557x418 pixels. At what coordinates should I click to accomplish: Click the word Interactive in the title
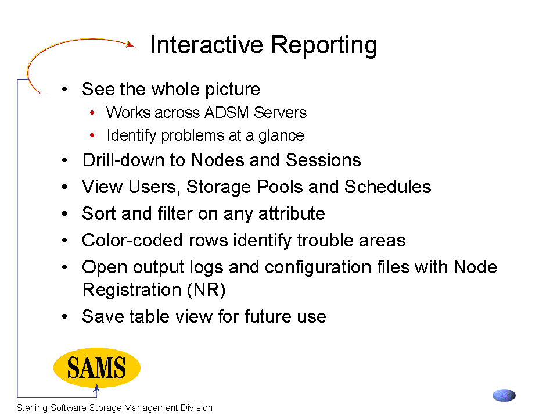pyautogui.click(x=206, y=45)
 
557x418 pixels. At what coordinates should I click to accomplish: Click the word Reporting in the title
pyautogui.click(x=324, y=46)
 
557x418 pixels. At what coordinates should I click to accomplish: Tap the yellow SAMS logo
pyautogui.click(x=96, y=367)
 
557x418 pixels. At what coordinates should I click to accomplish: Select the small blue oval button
pyautogui.click(x=504, y=395)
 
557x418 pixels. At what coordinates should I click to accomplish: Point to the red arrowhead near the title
pyautogui.click(x=131, y=44)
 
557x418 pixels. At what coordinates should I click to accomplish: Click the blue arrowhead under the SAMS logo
pyautogui.click(x=96, y=388)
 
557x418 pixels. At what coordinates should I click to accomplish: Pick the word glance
pyautogui.click(x=281, y=136)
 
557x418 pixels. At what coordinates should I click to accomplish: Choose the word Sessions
pyautogui.click(x=324, y=160)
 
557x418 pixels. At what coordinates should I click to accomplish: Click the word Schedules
pyautogui.click(x=387, y=187)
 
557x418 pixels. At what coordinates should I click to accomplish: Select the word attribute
pyautogui.click(x=292, y=213)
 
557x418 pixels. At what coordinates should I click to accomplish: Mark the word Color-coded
pyautogui.click(x=132, y=240)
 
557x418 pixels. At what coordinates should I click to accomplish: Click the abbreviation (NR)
pyautogui.click(x=206, y=290)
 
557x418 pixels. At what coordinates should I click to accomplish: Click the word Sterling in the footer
pyautogui.click(x=32, y=408)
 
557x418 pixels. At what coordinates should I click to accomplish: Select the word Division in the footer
pyautogui.click(x=196, y=408)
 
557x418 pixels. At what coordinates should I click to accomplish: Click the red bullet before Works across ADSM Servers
pyautogui.click(x=92, y=113)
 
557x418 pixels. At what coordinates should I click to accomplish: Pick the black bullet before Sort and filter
pyautogui.click(x=64, y=213)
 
